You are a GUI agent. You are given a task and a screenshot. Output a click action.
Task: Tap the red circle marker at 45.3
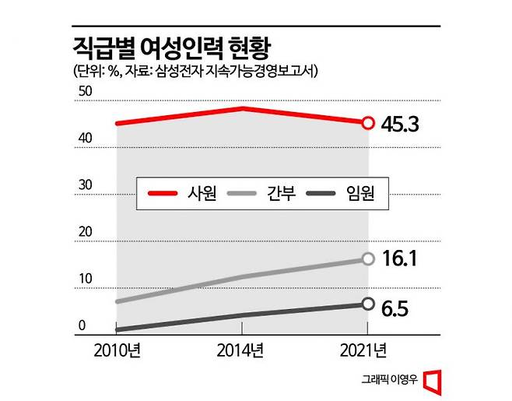point(368,122)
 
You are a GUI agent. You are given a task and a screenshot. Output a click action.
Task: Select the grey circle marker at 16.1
point(368,259)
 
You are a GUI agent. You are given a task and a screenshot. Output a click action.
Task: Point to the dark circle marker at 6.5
point(368,304)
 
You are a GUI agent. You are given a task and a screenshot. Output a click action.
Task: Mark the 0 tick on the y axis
point(81,326)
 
